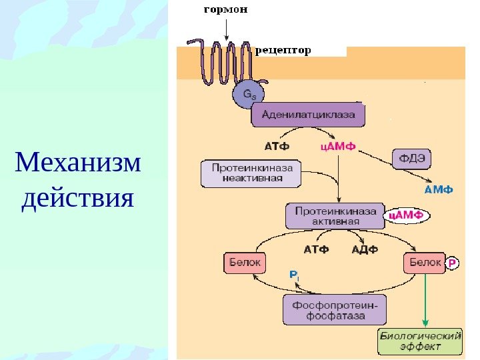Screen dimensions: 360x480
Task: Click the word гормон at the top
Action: click(225, 10)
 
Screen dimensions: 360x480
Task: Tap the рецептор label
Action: click(283, 50)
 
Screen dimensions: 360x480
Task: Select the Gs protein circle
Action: click(247, 96)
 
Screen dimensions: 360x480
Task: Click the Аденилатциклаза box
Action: click(307, 114)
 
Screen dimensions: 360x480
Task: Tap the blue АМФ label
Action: click(438, 189)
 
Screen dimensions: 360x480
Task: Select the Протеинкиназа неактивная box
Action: click(252, 174)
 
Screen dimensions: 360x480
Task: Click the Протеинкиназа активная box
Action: click(335, 215)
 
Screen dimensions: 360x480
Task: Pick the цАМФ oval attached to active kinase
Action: click(407, 215)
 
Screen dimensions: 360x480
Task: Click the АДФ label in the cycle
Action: click(365, 250)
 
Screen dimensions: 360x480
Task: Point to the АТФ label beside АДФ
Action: click(317, 250)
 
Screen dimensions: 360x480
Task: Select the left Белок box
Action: click(245, 263)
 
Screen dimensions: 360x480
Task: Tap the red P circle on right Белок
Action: click(453, 263)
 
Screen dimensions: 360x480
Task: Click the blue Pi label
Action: click(294, 274)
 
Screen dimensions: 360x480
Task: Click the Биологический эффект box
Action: click(420, 341)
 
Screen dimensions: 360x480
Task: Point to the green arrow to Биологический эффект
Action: click(426, 300)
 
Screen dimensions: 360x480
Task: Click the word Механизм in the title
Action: click(79, 162)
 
